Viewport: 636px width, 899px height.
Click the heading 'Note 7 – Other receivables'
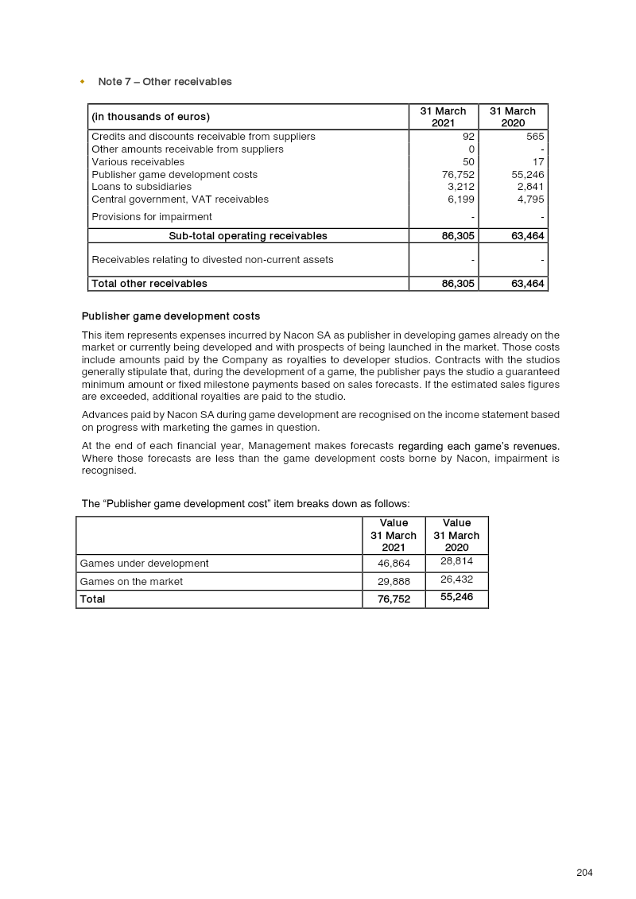pyautogui.click(x=165, y=82)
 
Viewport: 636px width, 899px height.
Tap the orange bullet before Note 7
pyautogui.click(x=83, y=82)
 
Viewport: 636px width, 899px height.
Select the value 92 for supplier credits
pyautogui.click(x=468, y=137)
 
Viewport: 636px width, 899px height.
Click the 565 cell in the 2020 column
pyautogui.click(x=534, y=137)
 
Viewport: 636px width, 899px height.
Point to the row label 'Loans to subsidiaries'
pyautogui.click(x=142, y=187)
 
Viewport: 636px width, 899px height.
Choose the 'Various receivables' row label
pyautogui.click(x=138, y=162)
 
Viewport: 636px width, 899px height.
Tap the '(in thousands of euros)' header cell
pyautogui.click(x=150, y=117)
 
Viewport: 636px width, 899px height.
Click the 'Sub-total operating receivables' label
pyautogui.click(x=247, y=236)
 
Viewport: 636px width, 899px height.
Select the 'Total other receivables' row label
pyautogui.click(x=149, y=284)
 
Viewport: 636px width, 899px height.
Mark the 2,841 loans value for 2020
pyautogui.click(x=530, y=187)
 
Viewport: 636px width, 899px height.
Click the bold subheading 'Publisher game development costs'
pyautogui.click(x=170, y=317)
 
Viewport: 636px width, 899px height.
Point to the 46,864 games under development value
pyautogui.click(x=394, y=564)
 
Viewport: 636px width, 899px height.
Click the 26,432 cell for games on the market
pyautogui.click(x=456, y=580)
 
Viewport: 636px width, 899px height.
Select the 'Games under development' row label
pyautogui.click(x=144, y=564)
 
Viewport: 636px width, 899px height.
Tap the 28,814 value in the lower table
pyautogui.click(x=456, y=562)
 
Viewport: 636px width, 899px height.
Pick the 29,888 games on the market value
pyautogui.click(x=394, y=582)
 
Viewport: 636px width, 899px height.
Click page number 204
pyautogui.click(x=584, y=873)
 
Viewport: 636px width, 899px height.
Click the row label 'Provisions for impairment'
pyautogui.click(x=151, y=217)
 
